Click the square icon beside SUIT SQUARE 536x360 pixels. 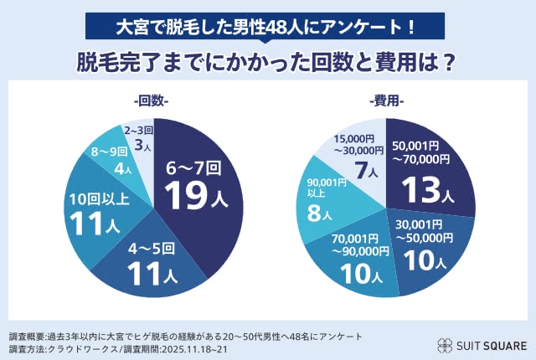(x=445, y=343)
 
